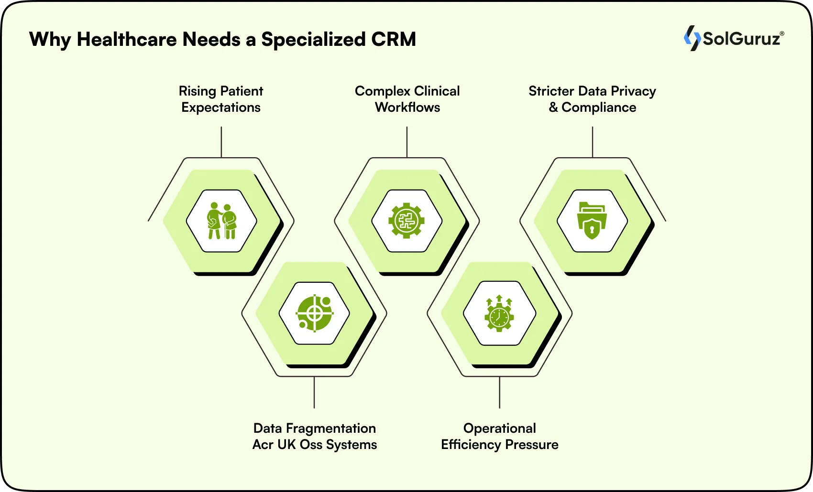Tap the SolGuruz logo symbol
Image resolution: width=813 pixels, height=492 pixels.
coord(692,38)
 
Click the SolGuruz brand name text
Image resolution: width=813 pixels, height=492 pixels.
coord(742,39)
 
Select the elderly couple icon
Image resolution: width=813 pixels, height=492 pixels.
coord(221,221)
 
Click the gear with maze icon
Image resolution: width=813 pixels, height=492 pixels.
coord(406,221)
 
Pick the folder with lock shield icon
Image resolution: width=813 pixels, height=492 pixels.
coord(592,221)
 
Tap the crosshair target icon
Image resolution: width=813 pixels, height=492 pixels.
coord(314,313)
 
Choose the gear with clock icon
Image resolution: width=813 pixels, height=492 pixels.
coord(499,313)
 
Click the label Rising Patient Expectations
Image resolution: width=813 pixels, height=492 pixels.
coord(221,99)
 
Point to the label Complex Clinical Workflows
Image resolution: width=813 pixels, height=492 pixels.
coord(407,99)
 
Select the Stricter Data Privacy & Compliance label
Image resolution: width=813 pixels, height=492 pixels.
coord(592,99)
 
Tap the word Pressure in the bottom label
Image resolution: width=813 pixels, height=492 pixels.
coord(531,445)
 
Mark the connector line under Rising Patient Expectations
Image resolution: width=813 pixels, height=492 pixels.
coord(221,141)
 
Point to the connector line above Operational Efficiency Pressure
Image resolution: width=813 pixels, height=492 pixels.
coord(499,392)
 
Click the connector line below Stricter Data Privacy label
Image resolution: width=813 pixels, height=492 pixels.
coord(593,141)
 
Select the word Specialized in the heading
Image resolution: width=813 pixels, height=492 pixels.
coord(313,40)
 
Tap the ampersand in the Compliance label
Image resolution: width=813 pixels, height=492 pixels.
coord(553,107)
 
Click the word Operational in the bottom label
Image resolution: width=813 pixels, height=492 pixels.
coord(499,428)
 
